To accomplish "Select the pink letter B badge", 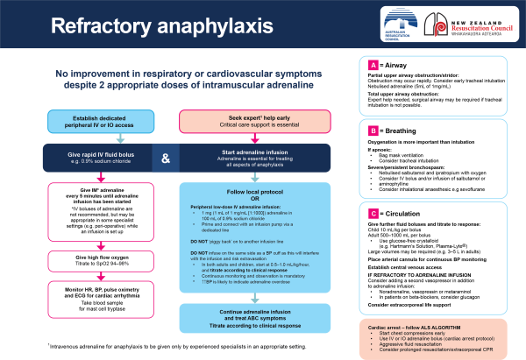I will click(373, 131).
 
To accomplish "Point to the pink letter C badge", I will click(373, 213).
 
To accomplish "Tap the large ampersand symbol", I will click(166, 158).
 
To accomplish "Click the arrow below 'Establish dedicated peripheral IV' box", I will click(100, 137).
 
